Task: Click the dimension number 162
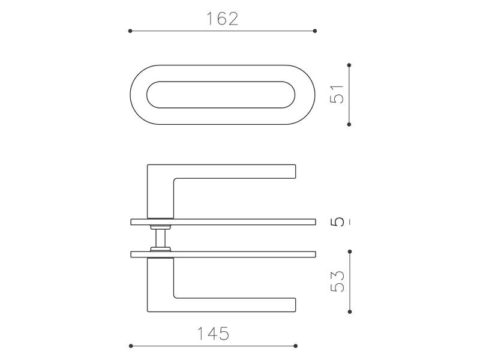pos(222,19)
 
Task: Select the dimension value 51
pos(337,95)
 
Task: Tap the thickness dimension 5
pos(337,222)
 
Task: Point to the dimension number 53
pos(337,281)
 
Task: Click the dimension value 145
pos(213,334)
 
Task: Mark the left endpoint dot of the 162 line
pos(130,31)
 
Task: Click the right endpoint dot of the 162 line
pos(315,31)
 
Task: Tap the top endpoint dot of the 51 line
pos(349,65)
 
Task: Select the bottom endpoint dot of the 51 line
pos(349,124)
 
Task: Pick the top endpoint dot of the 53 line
pos(350,251)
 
